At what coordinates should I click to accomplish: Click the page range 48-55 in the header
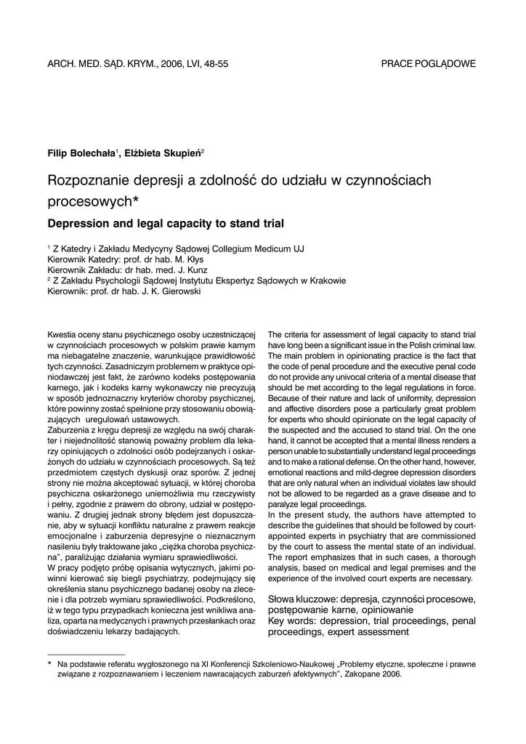[215, 64]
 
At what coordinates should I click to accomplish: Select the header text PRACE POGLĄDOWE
[428, 64]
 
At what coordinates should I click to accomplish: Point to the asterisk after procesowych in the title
[136, 199]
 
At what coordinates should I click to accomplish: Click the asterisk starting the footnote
[49, 663]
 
